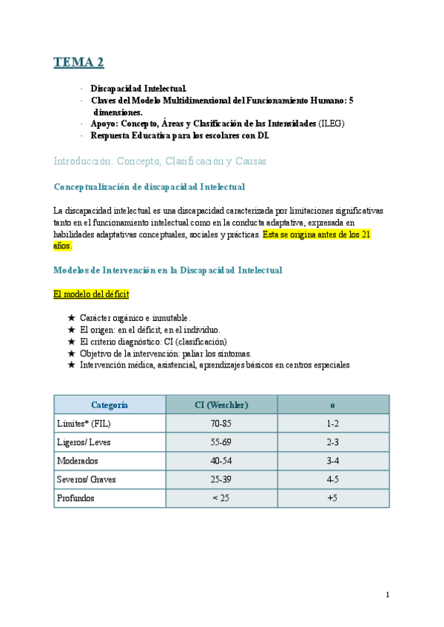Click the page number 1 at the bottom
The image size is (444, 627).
(x=387, y=595)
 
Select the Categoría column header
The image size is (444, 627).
(x=110, y=404)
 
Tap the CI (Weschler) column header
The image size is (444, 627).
(x=221, y=404)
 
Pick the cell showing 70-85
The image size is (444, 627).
(x=221, y=424)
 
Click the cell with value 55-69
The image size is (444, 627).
(x=221, y=442)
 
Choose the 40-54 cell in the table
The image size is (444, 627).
(x=221, y=461)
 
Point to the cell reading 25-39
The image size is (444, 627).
(x=221, y=479)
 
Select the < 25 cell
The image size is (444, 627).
(x=221, y=498)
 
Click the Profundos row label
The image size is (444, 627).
(x=76, y=498)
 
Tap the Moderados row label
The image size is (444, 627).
(x=77, y=461)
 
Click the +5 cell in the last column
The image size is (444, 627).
(x=332, y=498)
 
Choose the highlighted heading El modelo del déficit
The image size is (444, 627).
(x=91, y=294)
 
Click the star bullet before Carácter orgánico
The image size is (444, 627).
(x=71, y=318)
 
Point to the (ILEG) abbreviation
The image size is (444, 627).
(x=332, y=123)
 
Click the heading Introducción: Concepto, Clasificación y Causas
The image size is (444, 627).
(x=161, y=161)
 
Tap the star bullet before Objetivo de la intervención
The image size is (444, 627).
(x=71, y=353)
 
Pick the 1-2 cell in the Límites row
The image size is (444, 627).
(x=332, y=424)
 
